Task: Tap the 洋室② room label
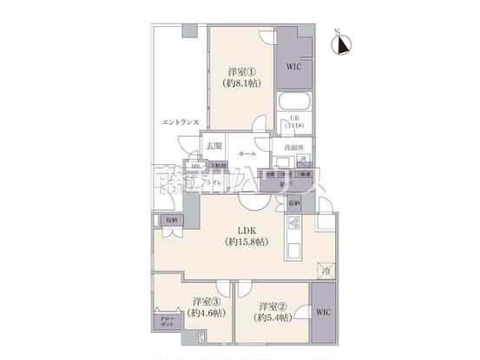click(271, 306)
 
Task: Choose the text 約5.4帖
click(271, 318)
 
